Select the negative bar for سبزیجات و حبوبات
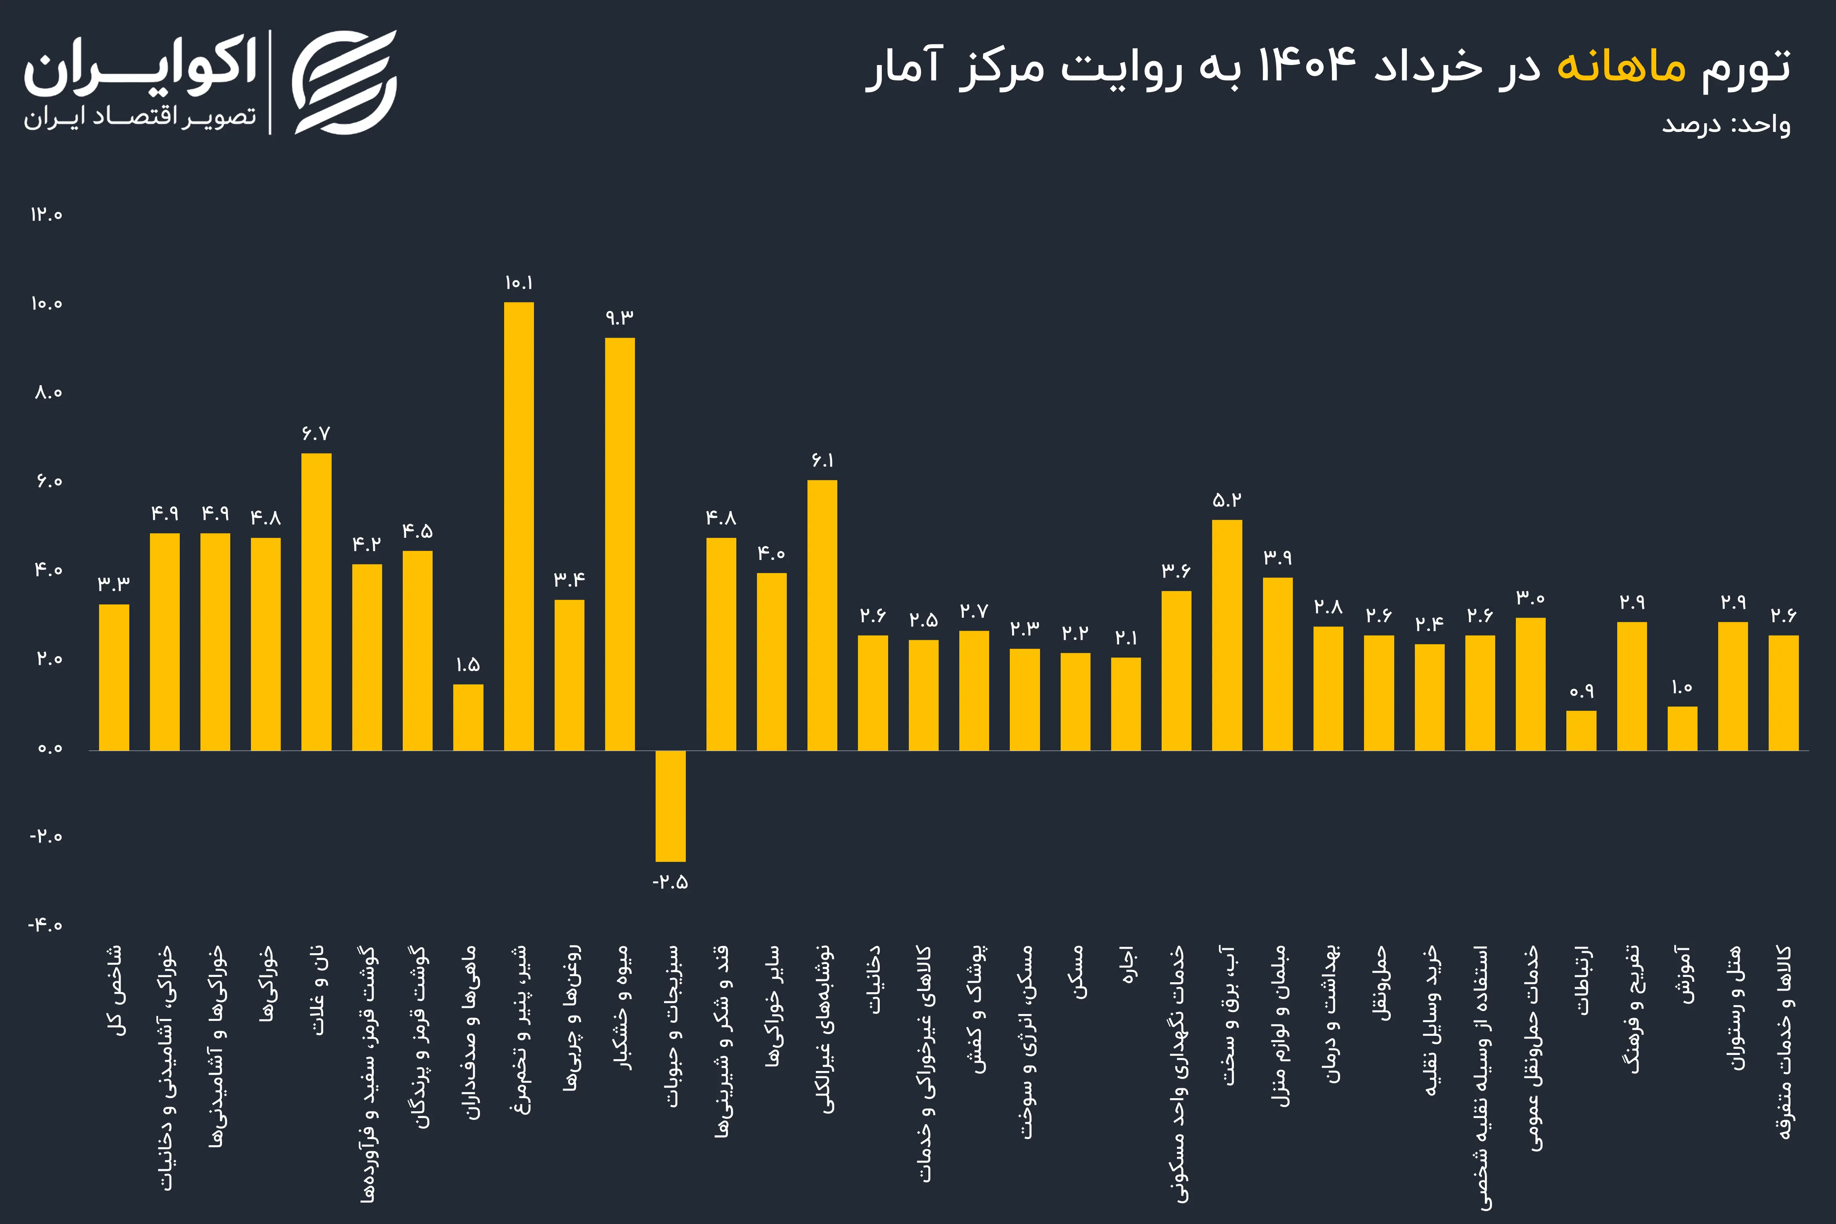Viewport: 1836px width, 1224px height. (x=671, y=806)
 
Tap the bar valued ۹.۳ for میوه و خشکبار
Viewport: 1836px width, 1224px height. (x=620, y=544)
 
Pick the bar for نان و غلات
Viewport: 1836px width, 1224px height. (x=316, y=602)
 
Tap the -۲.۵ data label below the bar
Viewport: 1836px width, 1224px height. (x=671, y=882)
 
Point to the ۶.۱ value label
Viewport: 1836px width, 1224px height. (x=822, y=461)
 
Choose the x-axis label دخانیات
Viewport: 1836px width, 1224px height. (x=873, y=980)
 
